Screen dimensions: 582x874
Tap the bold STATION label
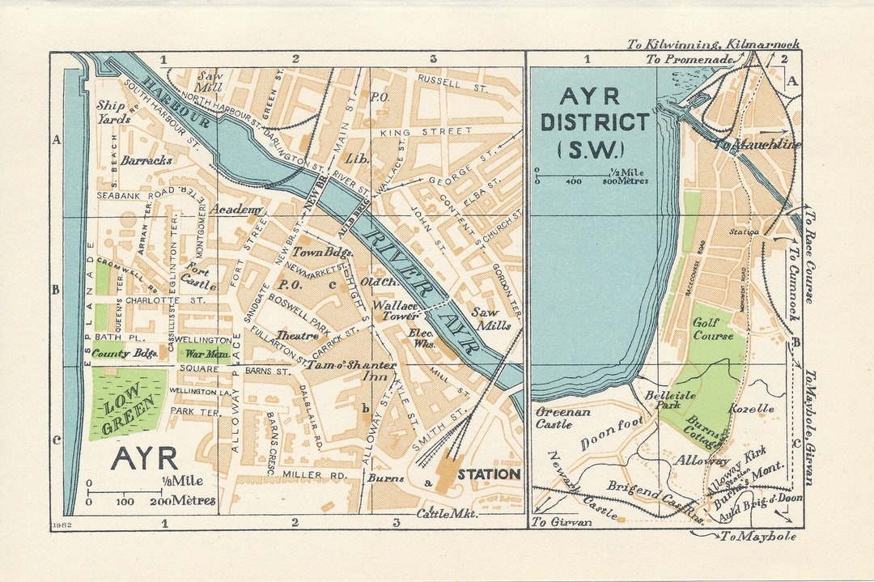click(x=489, y=474)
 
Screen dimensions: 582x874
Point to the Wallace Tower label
click(x=395, y=311)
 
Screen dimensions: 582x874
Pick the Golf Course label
click(x=713, y=329)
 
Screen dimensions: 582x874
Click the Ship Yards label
click(x=112, y=112)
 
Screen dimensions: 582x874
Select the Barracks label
click(x=146, y=160)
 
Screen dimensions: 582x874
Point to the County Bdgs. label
click(x=124, y=354)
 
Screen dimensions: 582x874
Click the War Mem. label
click(x=202, y=354)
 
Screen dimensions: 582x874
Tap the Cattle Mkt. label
click(x=447, y=513)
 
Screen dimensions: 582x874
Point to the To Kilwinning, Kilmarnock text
click(x=712, y=44)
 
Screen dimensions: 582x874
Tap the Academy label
click(x=236, y=210)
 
